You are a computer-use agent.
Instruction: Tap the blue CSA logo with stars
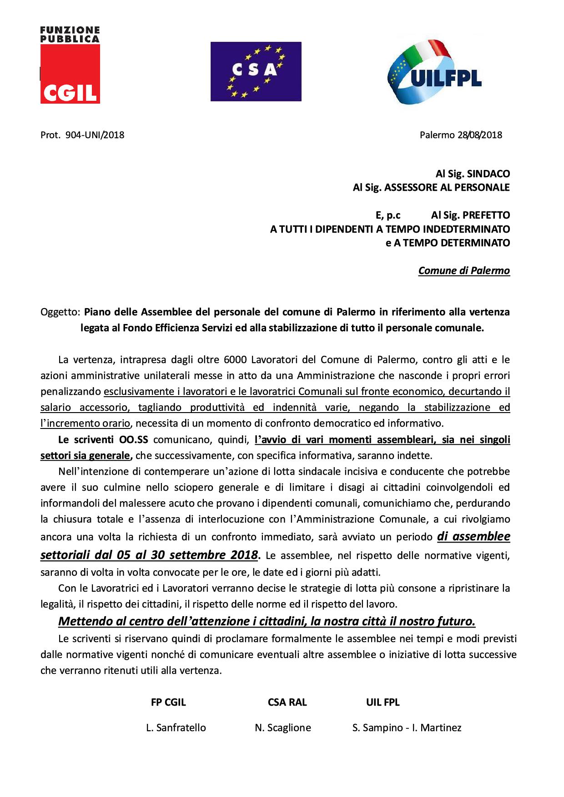pos(256,71)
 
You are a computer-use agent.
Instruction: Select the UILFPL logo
pos(434,72)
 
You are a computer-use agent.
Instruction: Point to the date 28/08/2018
pos(480,135)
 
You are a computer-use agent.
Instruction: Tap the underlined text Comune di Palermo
pos(464,271)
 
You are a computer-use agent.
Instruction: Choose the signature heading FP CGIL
pos(168,702)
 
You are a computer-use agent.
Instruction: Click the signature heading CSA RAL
pos(287,702)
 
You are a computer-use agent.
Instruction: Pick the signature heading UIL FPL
pos(383,702)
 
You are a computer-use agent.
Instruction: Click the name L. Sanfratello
pos(176,727)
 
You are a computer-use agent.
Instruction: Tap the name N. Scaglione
pos(283,727)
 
